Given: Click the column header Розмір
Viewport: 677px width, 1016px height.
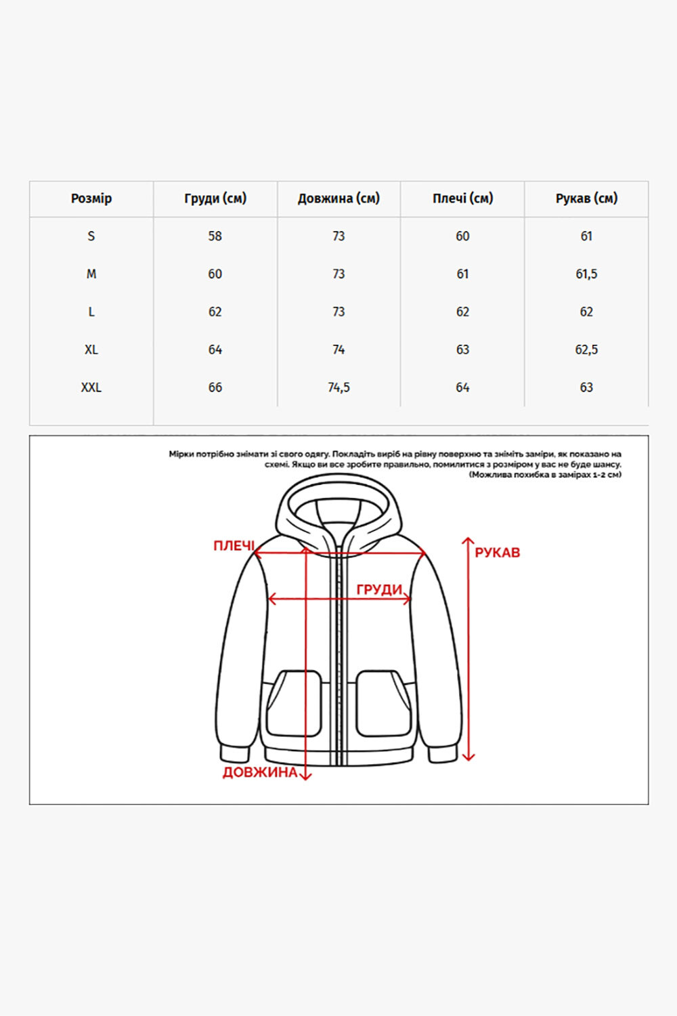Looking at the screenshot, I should point(91,198).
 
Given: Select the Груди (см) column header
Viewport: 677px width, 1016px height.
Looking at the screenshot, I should point(215,198).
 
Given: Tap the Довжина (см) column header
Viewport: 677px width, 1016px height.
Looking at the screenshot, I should point(338,198).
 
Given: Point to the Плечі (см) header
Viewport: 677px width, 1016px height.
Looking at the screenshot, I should point(462,198).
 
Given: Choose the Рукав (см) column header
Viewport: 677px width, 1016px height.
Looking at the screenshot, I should point(586,198).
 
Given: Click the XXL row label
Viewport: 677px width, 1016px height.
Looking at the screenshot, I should point(91,387).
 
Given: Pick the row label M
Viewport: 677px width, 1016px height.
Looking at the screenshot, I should point(91,274).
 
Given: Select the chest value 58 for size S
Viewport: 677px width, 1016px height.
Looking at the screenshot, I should point(215,236).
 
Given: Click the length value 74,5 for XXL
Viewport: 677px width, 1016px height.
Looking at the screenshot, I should point(338,387).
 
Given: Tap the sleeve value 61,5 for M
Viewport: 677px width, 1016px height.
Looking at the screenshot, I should point(586,274).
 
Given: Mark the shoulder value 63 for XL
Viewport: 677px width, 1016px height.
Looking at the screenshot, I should point(462,350).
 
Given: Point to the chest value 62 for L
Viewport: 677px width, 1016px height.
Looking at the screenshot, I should point(215,312).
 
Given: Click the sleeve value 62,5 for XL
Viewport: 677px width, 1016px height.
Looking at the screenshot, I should point(586,350).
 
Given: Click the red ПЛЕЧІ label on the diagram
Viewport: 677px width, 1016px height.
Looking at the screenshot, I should point(234,546).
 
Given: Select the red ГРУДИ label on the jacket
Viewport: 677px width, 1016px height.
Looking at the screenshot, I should point(379,589).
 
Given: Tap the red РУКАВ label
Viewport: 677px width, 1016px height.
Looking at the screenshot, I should point(498,553).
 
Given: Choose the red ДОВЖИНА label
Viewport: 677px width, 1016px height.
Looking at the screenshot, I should point(260,772).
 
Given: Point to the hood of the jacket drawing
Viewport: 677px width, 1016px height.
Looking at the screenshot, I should point(338,505).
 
